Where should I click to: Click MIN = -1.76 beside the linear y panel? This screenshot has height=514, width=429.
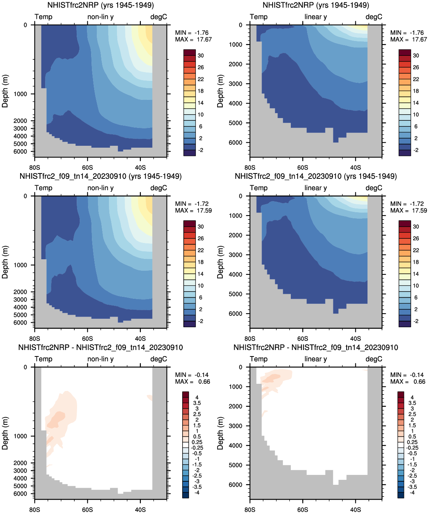click(x=407, y=33)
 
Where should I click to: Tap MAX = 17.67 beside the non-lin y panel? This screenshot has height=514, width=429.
click(x=193, y=39)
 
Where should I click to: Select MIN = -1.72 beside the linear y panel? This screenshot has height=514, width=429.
click(x=407, y=204)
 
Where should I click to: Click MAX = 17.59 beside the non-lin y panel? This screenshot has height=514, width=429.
click(x=193, y=211)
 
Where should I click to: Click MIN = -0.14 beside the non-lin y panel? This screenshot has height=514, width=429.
click(x=192, y=375)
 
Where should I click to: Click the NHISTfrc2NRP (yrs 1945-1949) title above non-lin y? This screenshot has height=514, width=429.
click(x=101, y=5)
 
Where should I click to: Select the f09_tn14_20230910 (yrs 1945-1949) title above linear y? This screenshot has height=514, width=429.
click(x=315, y=176)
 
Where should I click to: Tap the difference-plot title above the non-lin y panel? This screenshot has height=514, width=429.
click(x=101, y=347)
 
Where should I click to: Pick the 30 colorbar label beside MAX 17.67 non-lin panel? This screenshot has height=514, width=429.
click(x=200, y=55)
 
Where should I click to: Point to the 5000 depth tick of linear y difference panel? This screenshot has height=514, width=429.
click(x=235, y=465)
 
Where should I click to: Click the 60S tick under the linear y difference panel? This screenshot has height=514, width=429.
click(x=303, y=509)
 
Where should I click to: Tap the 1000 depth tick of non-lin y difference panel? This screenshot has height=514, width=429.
click(x=21, y=436)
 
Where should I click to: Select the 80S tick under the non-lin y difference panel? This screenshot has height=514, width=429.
click(x=35, y=509)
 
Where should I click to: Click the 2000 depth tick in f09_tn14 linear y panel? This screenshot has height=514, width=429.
click(x=235, y=235)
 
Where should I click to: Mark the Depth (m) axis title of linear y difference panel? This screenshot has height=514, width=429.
click(x=220, y=433)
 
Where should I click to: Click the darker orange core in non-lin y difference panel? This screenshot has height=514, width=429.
click(x=58, y=418)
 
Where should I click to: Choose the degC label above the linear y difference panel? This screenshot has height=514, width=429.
click(x=374, y=359)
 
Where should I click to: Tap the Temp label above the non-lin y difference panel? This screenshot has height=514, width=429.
click(x=43, y=359)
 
